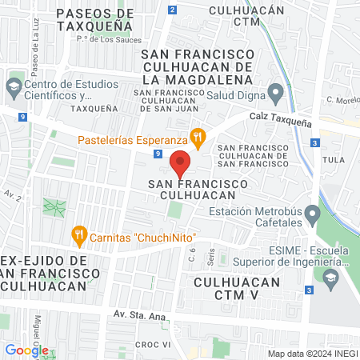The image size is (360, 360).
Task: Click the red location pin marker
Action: click(x=181, y=162)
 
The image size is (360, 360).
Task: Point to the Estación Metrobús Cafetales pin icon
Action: click(x=313, y=214)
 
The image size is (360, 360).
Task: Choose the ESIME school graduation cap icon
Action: click(x=330, y=277)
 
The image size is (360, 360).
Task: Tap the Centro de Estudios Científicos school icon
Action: click(x=14, y=86)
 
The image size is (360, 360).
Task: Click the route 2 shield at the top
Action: click(x=174, y=10)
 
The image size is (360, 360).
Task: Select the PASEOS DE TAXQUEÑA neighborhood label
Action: click(x=95, y=19)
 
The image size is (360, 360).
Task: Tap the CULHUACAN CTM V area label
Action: click(x=238, y=289)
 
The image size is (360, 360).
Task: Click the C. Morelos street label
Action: click(x=342, y=101)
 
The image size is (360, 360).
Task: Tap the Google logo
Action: click(x=26, y=350)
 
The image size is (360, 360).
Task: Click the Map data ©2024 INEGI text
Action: click(x=312, y=354)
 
